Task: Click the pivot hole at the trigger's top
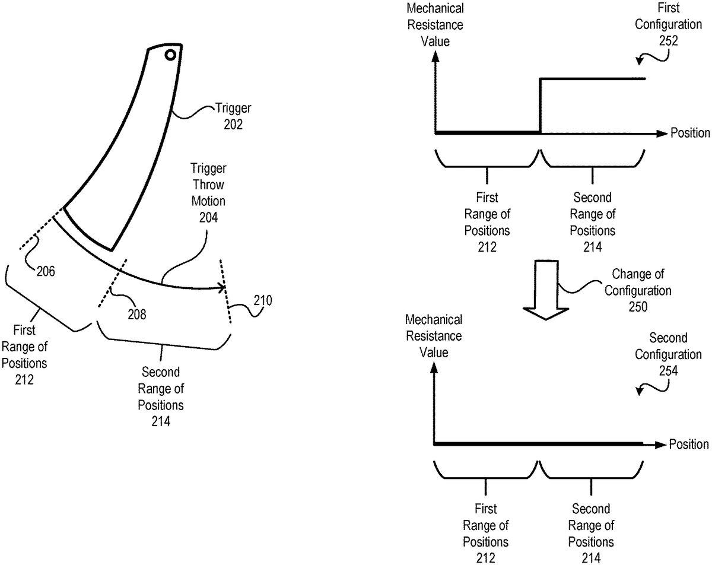tap(170, 55)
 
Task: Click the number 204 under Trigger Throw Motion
tap(208, 218)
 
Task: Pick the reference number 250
tap(638, 307)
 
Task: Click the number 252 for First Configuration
tap(668, 41)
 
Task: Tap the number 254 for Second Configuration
tap(669, 371)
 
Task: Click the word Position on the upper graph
tap(690, 133)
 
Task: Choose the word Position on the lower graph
tap(689, 445)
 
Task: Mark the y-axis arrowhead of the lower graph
tap(436, 367)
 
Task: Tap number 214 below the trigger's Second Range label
tap(161, 422)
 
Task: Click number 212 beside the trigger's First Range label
tap(26, 379)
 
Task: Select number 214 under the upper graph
tap(592, 247)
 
